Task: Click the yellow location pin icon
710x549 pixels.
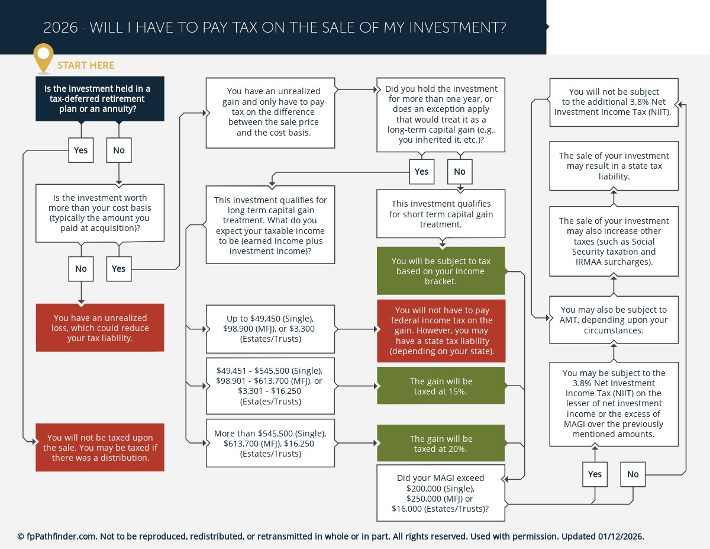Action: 43,56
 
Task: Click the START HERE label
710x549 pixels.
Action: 86,65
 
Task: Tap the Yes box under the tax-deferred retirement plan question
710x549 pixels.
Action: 80,150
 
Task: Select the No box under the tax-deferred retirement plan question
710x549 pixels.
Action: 119,150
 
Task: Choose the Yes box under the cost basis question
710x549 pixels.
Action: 119,269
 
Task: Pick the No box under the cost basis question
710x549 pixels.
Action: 80,269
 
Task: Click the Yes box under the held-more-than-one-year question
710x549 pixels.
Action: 421,172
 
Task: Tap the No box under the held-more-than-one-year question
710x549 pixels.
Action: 460,172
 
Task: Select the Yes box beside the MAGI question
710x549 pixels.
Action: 595,474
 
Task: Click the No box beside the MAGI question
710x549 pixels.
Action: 633,474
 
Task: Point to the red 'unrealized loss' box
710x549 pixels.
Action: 100,328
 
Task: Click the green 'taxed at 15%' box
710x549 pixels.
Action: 441,386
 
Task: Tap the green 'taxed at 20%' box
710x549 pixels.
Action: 441,444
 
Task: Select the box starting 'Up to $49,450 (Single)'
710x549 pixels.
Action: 270,329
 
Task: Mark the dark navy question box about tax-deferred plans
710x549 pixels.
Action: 100,99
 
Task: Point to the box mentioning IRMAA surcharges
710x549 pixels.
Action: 614,241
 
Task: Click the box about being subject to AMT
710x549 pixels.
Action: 614,320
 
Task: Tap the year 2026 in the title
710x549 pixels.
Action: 60,28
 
